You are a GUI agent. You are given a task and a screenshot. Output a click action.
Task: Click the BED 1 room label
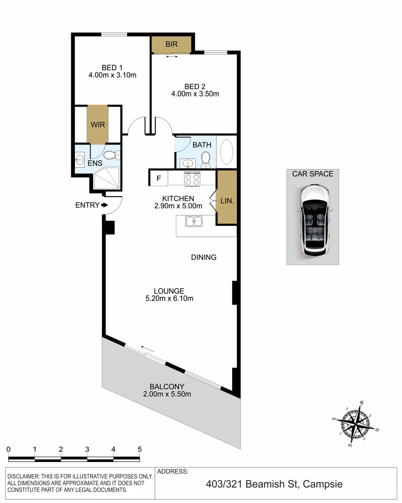pyautogui.click(x=112, y=67)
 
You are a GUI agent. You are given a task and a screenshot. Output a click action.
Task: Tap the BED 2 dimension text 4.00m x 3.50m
pyautogui.click(x=195, y=94)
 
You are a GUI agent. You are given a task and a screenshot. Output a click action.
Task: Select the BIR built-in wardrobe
pyautogui.click(x=171, y=45)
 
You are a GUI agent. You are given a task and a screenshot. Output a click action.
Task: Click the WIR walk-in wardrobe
pyautogui.click(x=98, y=125)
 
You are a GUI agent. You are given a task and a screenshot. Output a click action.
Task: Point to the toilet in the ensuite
pyautogui.click(x=112, y=155)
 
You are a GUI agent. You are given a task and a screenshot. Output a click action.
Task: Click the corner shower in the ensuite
pyautogui.click(x=107, y=179)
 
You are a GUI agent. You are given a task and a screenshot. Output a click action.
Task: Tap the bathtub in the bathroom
pyautogui.click(x=227, y=152)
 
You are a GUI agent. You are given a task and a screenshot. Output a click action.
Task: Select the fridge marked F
pyautogui.click(x=159, y=178)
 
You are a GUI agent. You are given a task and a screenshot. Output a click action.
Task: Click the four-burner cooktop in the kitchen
pyautogui.click(x=193, y=178)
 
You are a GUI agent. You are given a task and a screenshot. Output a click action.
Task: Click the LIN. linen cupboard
pyautogui.click(x=227, y=201)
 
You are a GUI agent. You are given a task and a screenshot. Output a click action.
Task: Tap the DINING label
pyautogui.click(x=204, y=257)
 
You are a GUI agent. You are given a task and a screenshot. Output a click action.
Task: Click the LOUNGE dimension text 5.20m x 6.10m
pyautogui.click(x=169, y=299)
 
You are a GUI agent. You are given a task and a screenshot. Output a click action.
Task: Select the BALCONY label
pyautogui.click(x=167, y=387)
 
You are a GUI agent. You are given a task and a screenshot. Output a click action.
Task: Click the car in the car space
pyautogui.click(x=313, y=220)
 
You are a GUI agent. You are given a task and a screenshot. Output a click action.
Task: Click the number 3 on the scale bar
pyautogui.click(x=87, y=449)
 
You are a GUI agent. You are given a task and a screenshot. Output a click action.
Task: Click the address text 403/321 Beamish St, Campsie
pyautogui.click(x=274, y=484)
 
